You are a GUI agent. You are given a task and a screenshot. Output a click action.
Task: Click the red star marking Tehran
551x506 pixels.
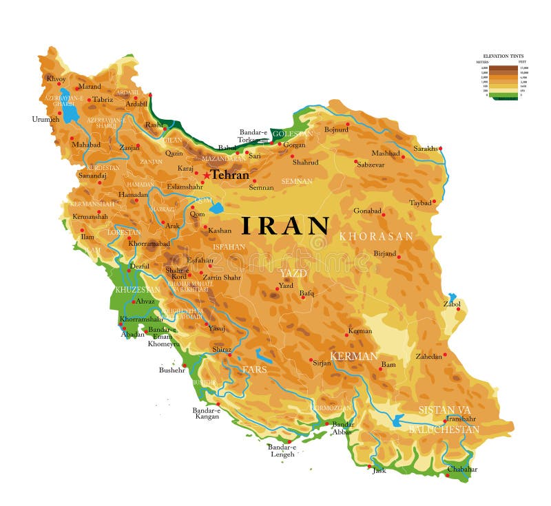206,176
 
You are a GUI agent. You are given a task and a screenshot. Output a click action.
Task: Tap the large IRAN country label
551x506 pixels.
285,226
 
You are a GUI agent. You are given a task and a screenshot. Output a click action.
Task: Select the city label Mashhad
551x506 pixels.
385,153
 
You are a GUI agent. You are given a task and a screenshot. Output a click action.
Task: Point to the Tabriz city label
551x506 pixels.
103,99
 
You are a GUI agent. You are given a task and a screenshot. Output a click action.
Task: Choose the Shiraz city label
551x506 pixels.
222,350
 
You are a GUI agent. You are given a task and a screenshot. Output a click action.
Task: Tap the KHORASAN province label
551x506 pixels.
376,236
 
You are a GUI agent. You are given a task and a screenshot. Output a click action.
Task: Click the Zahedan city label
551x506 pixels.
428,357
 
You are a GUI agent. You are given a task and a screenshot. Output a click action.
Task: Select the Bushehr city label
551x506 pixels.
172,370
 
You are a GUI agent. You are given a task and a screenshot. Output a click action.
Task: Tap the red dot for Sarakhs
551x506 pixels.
440,148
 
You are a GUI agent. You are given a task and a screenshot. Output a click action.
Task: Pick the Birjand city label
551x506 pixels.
385,253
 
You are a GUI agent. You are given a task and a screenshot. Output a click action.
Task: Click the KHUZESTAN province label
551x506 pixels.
137,289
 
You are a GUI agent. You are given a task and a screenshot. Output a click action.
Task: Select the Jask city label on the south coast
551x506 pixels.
379,471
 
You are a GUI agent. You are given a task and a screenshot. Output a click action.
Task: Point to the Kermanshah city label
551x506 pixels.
90,216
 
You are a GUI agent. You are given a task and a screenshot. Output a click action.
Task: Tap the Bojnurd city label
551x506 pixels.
336,129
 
